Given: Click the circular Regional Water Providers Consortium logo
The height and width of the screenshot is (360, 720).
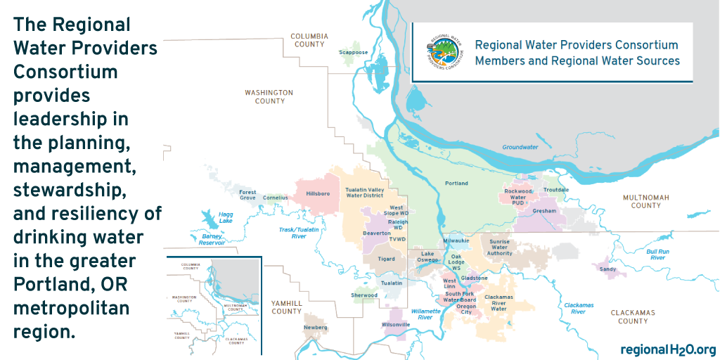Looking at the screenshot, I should (x=441, y=53).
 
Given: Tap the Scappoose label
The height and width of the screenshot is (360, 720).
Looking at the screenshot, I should (x=353, y=52).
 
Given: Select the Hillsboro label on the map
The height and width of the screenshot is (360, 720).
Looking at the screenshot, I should (x=318, y=193).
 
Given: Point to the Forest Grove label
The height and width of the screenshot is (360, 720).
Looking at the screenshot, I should (x=247, y=195).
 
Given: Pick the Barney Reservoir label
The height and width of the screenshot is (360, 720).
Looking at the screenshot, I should (x=211, y=239).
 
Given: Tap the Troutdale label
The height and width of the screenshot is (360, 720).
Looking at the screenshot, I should (x=556, y=190).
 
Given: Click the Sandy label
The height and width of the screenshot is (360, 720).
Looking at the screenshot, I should (x=607, y=269).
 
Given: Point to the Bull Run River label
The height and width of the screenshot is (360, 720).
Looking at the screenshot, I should (x=656, y=255).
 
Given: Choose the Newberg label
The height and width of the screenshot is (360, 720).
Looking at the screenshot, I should (x=316, y=328).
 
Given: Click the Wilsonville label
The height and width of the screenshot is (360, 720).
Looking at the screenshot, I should (x=396, y=325).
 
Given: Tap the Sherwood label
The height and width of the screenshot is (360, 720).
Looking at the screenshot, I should (x=364, y=295).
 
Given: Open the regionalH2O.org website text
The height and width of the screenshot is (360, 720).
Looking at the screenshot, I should (x=668, y=349).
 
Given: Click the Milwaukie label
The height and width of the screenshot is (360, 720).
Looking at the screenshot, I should (x=456, y=240).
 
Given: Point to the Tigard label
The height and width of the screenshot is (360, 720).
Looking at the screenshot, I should (x=384, y=259).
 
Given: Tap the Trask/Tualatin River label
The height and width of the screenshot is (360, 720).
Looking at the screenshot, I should (x=299, y=233).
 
